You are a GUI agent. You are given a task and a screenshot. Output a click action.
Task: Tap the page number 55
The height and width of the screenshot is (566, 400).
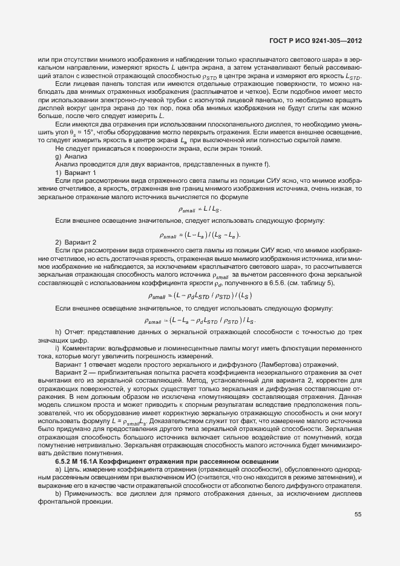point(358,515)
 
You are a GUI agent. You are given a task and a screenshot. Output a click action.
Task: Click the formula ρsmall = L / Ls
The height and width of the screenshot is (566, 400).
point(200,208)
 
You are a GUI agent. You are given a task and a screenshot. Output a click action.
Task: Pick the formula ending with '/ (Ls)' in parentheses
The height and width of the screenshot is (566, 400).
point(200,295)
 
